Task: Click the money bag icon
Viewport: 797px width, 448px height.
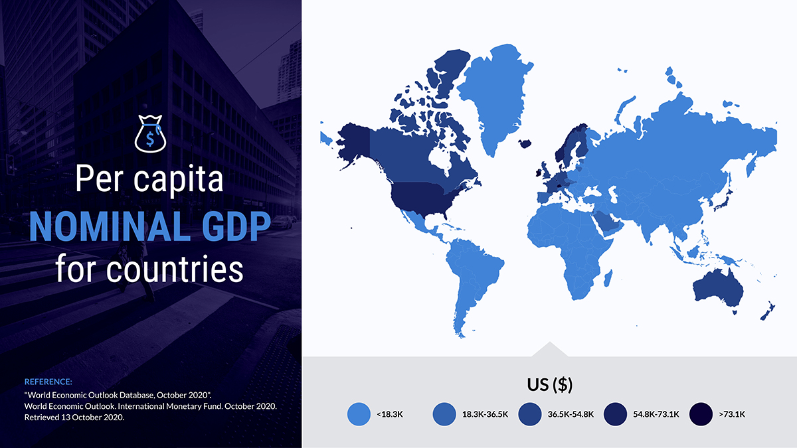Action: pyautogui.click(x=150, y=133)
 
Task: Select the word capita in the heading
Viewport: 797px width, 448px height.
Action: pyautogui.click(x=178, y=179)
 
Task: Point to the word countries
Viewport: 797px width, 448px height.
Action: pyautogui.click(x=175, y=269)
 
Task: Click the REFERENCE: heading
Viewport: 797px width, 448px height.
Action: pyautogui.click(x=48, y=382)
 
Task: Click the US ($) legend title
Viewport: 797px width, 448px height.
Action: pyautogui.click(x=550, y=385)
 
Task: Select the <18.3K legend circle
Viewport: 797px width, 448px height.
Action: pyautogui.click(x=359, y=414)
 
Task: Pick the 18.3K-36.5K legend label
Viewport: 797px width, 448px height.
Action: pyautogui.click(x=485, y=414)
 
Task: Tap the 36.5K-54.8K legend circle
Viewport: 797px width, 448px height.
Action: pyautogui.click(x=530, y=414)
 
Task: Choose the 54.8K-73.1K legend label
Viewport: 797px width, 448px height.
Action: pyautogui.click(x=656, y=414)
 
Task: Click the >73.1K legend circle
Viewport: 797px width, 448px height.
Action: pyautogui.click(x=701, y=414)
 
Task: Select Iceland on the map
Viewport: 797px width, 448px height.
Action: pyautogui.click(x=525, y=143)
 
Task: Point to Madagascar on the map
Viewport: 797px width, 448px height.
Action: pyautogui.click(x=608, y=278)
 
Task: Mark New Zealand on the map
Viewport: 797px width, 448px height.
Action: pyautogui.click(x=768, y=311)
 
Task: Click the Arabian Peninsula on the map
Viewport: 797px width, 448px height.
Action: pyautogui.click(x=608, y=222)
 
